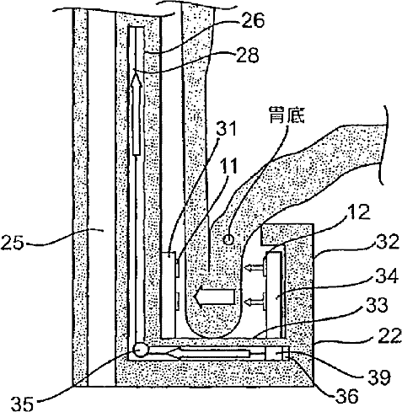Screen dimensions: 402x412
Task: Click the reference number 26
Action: tap(253, 20)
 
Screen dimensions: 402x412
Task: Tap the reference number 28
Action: tap(247, 55)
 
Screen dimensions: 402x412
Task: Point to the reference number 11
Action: tap(230, 166)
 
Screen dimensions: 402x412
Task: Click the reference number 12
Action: tap(359, 212)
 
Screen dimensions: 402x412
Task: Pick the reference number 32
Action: tap(388, 242)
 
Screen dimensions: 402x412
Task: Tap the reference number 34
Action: tap(387, 276)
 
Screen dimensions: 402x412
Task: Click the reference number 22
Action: tap(389, 336)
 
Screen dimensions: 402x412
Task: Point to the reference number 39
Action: tap(379, 377)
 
